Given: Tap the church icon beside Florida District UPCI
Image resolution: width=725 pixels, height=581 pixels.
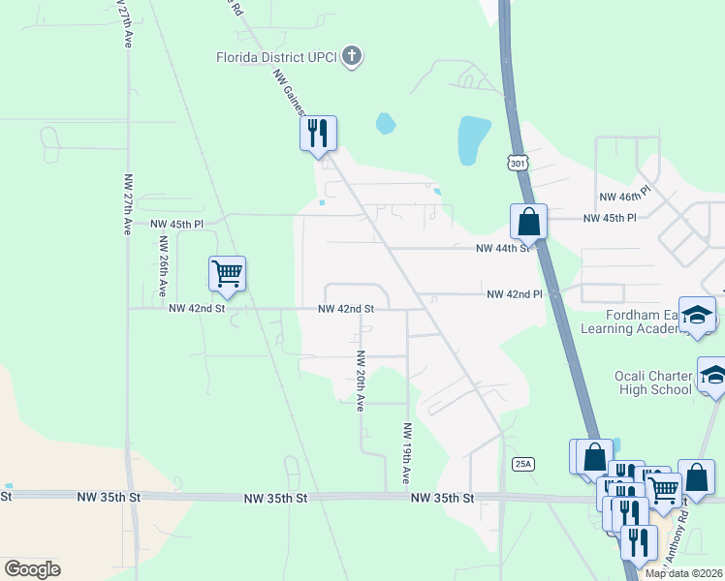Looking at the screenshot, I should [x=352, y=56].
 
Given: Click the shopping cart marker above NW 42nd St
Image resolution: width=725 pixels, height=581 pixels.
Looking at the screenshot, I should [x=227, y=273].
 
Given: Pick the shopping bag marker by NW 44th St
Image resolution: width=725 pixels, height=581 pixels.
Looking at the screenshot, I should [x=528, y=221].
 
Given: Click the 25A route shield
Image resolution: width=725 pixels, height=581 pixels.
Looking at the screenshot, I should [x=523, y=465].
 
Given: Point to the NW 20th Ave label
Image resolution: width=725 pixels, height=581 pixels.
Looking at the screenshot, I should [x=360, y=381].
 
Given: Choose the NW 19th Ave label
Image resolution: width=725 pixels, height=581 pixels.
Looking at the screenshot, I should [x=406, y=454].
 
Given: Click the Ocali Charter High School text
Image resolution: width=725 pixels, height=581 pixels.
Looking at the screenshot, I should [x=652, y=382].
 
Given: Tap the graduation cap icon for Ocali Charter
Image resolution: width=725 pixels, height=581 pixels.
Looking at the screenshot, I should [x=712, y=376].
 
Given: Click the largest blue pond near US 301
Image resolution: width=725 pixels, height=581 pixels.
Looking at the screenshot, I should [x=474, y=139].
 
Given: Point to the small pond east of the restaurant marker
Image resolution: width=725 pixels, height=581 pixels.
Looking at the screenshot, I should [x=385, y=123].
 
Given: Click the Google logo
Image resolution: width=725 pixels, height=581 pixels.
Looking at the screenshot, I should [x=31, y=569].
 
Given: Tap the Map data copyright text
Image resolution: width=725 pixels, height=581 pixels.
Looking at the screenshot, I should [x=683, y=573].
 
